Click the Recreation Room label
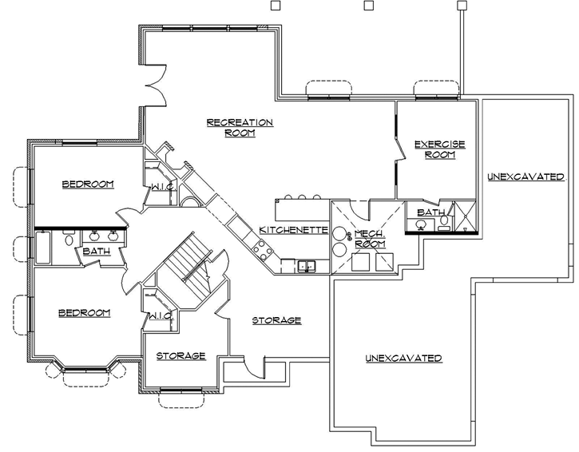[x=240, y=128]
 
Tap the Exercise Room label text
[x=438, y=149]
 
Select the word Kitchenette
[x=293, y=230]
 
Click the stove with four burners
[x=261, y=251]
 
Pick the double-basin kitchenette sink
[x=306, y=266]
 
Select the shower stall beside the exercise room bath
[x=464, y=216]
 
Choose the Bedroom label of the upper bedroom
[x=88, y=184]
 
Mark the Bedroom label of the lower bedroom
[x=84, y=313]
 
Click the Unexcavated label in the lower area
[x=403, y=359]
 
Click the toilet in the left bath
[x=69, y=240]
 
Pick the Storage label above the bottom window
[x=180, y=356]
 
